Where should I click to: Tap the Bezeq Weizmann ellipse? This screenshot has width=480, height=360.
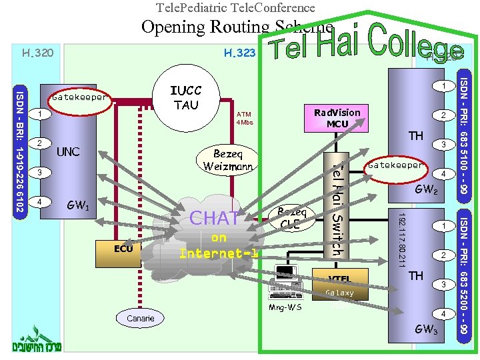coord(230,159)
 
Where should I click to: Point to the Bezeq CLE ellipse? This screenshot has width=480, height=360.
coord(291,217)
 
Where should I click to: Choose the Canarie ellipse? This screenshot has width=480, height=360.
coord(140,318)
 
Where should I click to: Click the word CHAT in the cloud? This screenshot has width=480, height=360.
coord(215,218)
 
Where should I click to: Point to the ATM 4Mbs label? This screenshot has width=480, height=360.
coord(245,118)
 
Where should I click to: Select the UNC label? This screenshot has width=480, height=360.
coord(68,151)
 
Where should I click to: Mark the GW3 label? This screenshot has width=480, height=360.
coord(426,329)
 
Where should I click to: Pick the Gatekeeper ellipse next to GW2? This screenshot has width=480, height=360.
coord(395,165)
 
